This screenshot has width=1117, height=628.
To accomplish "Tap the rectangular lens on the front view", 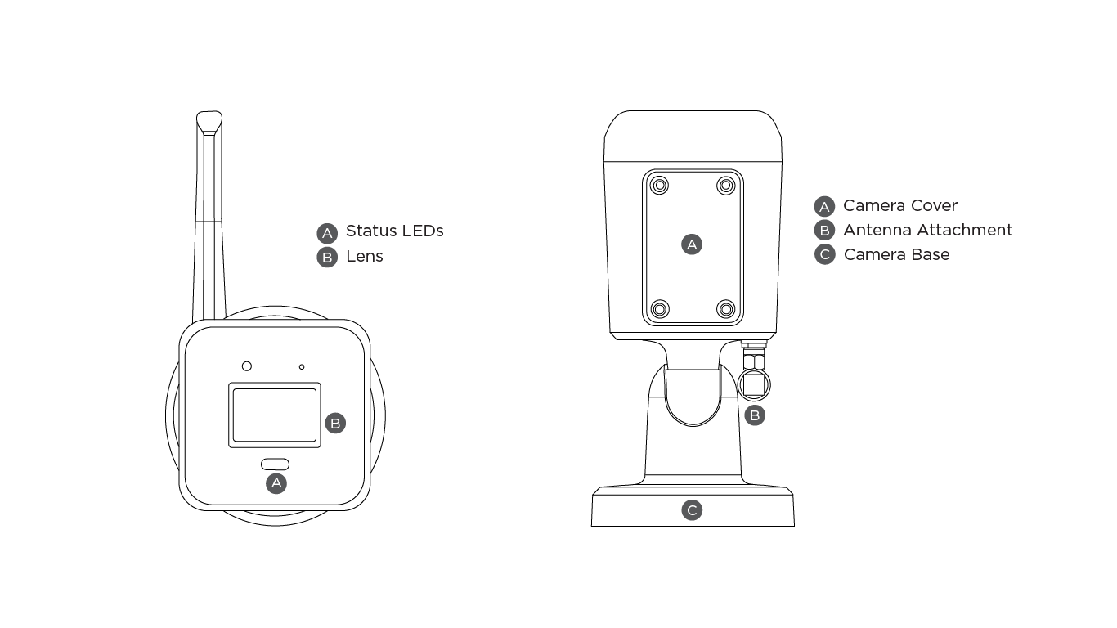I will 274,415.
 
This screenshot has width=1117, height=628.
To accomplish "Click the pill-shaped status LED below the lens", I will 275,464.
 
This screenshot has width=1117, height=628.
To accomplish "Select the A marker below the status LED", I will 276,483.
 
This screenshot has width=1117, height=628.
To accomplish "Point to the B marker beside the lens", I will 334,424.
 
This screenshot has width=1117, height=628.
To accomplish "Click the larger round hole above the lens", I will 246,366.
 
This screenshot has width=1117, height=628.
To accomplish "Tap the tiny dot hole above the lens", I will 302,367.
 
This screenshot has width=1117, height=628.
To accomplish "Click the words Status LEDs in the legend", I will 394,231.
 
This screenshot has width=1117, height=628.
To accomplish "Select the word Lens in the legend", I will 364,257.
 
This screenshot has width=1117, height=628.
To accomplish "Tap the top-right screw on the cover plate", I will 725,186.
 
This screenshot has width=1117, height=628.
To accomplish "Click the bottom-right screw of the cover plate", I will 725,309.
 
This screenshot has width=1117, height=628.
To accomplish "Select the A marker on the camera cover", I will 692,244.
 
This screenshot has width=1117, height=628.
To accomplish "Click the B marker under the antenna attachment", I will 755,415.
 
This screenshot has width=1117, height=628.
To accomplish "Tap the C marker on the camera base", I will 692,511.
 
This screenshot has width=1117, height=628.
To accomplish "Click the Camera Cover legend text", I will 899,206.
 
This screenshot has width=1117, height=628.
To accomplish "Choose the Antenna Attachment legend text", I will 927,231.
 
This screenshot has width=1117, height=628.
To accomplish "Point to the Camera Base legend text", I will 896,255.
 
